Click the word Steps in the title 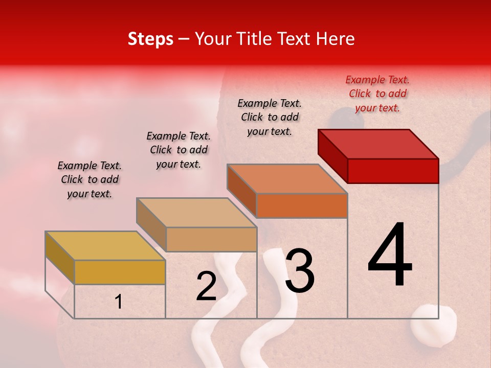(150, 39)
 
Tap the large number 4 (390, 256)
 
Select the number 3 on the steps (299, 271)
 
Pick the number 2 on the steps (207, 286)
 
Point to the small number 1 (118, 302)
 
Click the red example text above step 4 (377, 94)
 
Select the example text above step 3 (270, 117)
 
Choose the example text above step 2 (178, 150)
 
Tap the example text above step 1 (90, 179)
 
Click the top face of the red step (378, 144)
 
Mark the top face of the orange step (287, 178)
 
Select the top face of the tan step (196, 212)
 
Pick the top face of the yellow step (105, 245)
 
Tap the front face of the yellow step (120, 272)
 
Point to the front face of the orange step (302, 206)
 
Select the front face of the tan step (211, 239)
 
